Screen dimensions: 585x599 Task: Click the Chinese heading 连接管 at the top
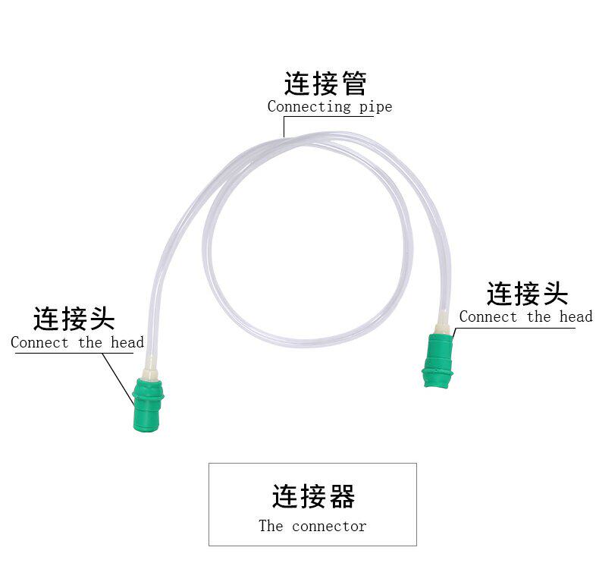pos(325,83)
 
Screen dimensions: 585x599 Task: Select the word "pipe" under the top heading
pos(375,107)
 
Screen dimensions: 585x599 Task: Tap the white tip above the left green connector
pos(151,366)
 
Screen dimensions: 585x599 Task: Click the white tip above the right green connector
pos(442,322)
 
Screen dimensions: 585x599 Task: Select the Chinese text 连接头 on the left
pos(74,319)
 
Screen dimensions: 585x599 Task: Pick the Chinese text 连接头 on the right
pos(527,293)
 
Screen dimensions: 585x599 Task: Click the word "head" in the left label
pos(127,342)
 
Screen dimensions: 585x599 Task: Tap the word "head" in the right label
pos(575,316)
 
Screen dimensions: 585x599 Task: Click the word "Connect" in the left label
pos(39,342)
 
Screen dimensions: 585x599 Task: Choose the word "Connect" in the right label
pos(488,316)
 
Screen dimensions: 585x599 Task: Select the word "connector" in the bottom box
pos(329,526)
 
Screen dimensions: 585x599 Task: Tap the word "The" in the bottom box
pos(271,526)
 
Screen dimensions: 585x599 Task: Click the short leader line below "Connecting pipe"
pos(284,125)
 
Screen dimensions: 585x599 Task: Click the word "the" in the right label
pos(538,316)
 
